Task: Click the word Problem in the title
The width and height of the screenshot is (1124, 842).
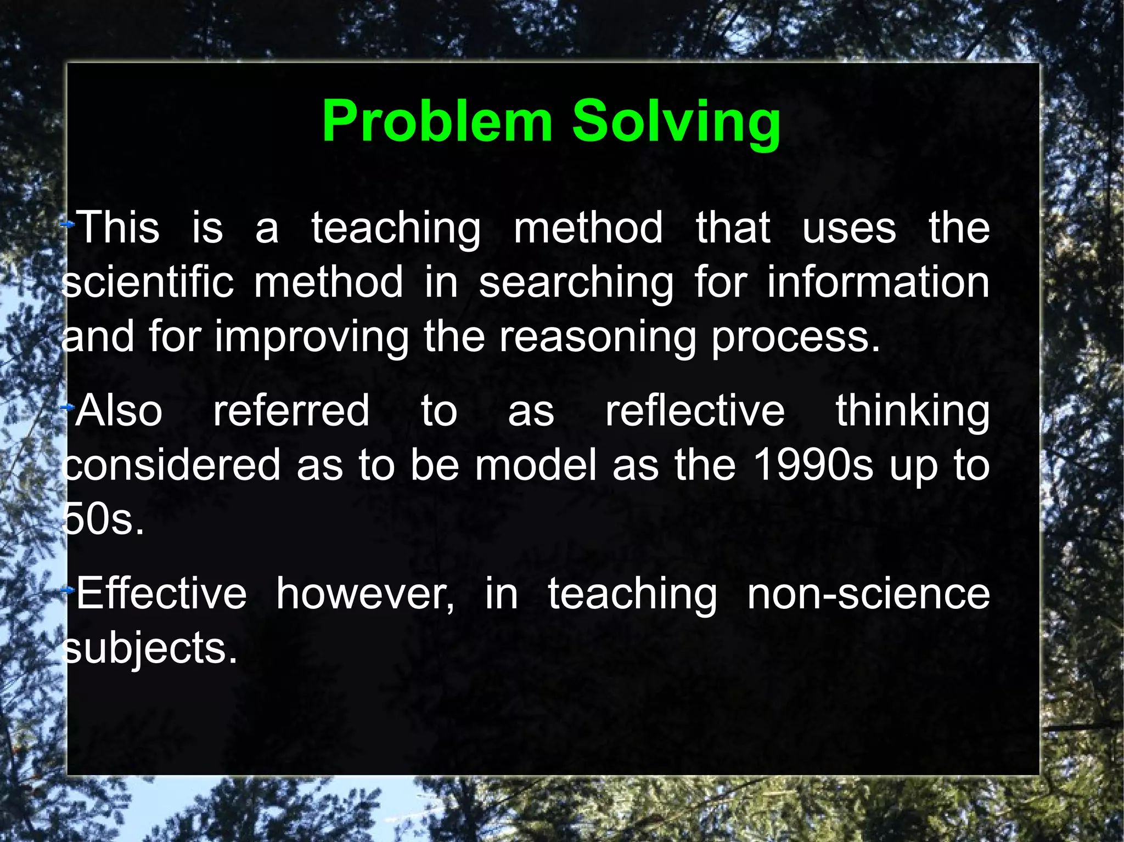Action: [437, 122]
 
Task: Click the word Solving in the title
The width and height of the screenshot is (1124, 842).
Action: [676, 122]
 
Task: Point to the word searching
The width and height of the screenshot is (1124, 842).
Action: [576, 283]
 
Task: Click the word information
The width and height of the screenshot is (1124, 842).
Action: [878, 282]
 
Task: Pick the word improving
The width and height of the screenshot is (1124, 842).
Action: [311, 337]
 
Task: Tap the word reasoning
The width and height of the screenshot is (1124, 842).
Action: [598, 337]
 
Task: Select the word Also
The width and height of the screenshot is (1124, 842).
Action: [119, 411]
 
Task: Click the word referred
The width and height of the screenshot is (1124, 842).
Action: [291, 411]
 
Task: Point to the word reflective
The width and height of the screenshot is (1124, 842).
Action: [695, 411]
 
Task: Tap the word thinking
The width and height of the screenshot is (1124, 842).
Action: [912, 412]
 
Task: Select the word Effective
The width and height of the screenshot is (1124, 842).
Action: [161, 594]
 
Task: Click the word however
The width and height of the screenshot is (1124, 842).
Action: [366, 594]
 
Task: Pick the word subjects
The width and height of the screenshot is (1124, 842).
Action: [149, 649]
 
